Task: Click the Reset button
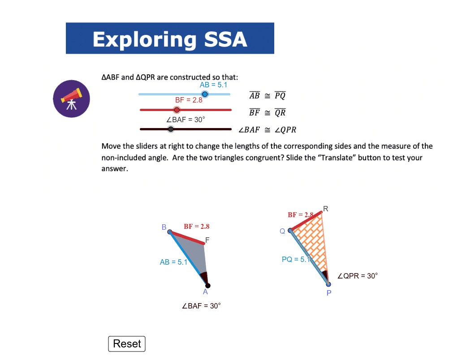coord(127,343)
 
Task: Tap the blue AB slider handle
coord(205,94)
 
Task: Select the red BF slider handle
coord(177,110)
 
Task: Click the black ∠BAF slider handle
coord(171,129)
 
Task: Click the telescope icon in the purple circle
coord(71,99)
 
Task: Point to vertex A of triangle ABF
coord(207,286)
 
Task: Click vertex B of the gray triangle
coord(170,231)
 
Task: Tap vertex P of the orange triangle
coord(328,284)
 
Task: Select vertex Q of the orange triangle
coord(290,231)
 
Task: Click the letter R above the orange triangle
coord(325,208)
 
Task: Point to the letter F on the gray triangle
coord(207,240)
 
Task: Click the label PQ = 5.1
coord(296,259)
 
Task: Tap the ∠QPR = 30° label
coord(357,276)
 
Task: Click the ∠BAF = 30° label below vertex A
coord(201,306)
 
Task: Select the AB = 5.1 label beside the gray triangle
coord(173,262)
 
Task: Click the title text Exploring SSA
coord(170,39)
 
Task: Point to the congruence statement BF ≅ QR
coord(267,112)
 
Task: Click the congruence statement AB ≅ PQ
coord(267,95)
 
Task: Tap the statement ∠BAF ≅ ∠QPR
coord(267,130)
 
